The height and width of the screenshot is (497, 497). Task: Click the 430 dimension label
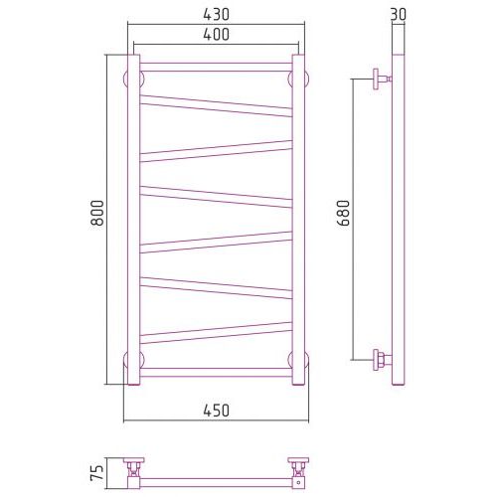point(216,15)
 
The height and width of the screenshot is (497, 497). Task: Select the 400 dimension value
point(216,35)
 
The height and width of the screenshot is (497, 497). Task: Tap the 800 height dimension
point(97,213)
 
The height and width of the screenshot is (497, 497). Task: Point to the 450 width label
point(216,411)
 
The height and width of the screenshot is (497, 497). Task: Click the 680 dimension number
point(344,213)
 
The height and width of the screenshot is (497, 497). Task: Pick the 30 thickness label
point(399,15)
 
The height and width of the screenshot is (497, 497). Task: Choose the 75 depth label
point(97,473)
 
